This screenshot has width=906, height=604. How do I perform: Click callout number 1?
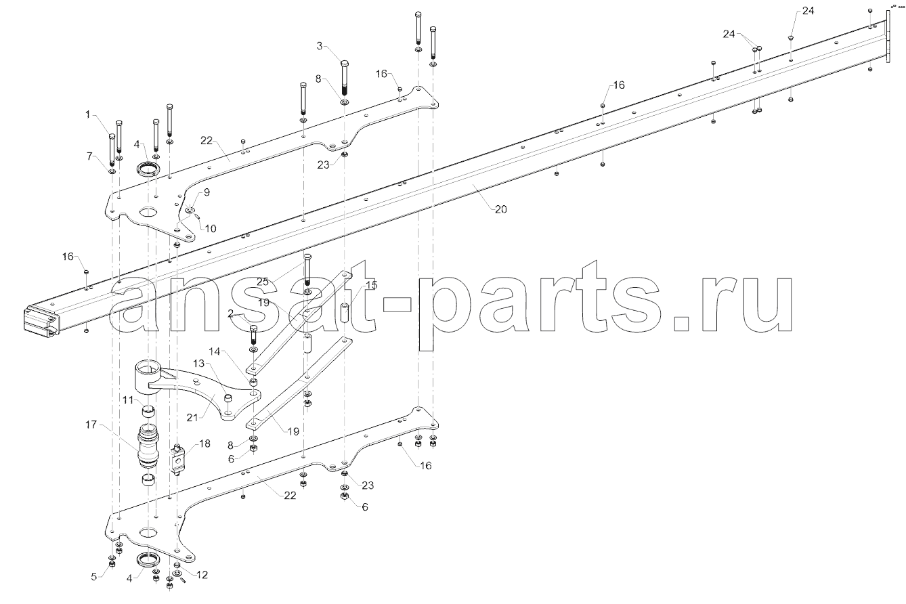point(88,114)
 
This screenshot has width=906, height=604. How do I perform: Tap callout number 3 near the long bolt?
point(320,46)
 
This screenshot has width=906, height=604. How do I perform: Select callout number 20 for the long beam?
point(500,209)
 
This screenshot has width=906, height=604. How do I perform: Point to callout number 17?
point(91,425)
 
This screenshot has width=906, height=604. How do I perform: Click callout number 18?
point(204,444)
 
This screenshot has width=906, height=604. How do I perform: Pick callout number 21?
point(192,417)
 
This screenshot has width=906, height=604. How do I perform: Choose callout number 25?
point(263,282)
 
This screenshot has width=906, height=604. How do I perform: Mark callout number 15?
point(371,285)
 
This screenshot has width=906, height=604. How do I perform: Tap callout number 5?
point(94,576)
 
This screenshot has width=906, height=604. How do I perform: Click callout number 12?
point(202,574)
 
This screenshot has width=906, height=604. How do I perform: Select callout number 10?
point(211,228)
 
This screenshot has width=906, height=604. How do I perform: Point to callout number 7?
point(89,156)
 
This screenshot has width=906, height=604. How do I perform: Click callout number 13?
point(199,363)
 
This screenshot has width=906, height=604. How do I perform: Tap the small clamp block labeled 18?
point(177,459)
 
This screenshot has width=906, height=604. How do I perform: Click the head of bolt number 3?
point(345,64)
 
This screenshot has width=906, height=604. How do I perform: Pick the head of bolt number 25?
point(307,257)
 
